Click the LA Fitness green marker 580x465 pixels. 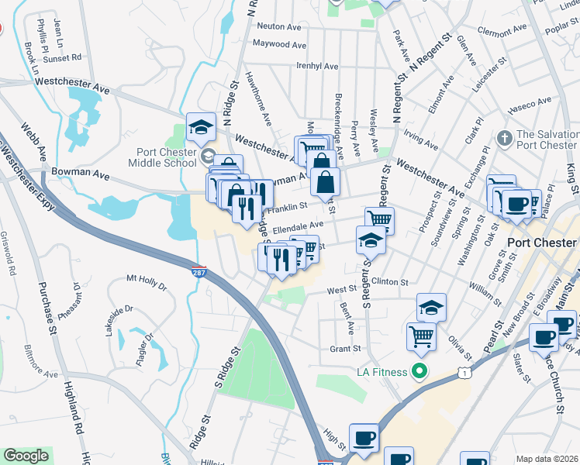[420, 371]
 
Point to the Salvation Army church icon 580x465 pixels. [505, 138]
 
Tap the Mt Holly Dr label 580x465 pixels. [147, 278]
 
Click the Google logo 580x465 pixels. [26, 456]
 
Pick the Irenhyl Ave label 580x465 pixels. [315, 65]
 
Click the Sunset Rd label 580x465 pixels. [62, 57]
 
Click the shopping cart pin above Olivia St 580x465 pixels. [421, 336]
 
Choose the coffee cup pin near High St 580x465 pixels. [363, 437]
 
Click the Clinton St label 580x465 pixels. [389, 281]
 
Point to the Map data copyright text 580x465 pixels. [547, 458]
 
